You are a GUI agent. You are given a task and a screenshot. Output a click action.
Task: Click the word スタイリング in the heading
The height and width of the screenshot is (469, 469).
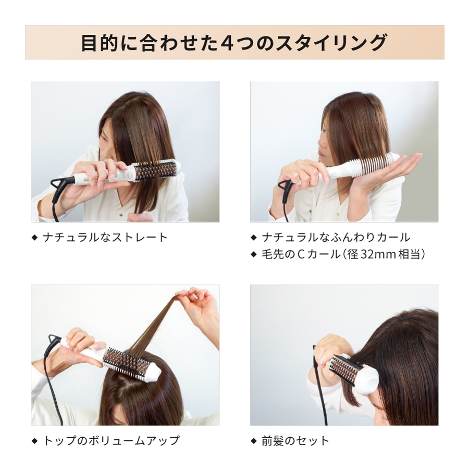[331, 43]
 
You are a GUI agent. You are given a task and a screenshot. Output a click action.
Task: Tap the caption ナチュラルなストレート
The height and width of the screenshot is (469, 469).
[105, 238]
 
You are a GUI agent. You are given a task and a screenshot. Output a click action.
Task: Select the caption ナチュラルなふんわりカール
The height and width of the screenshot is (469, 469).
[336, 238]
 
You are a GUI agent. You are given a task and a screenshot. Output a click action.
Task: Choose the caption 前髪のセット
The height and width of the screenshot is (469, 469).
[295, 440]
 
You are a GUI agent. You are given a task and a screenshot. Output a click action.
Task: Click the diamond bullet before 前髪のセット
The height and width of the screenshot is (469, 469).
[254, 440]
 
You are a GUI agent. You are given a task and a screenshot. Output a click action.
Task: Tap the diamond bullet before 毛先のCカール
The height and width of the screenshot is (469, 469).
[254, 254]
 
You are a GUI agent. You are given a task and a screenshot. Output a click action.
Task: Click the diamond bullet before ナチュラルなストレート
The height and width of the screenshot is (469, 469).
[35, 238]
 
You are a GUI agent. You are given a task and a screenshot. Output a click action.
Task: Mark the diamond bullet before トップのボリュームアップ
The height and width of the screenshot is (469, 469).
[35, 440]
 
